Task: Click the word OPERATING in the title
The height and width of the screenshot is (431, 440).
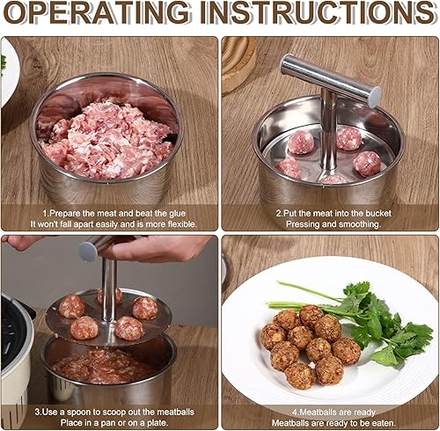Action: [x=97, y=12]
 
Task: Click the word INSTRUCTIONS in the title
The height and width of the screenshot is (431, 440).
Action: [x=318, y=12]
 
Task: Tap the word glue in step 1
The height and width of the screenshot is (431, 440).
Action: [x=177, y=214]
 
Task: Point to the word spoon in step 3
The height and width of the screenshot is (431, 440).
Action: [x=79, y=413]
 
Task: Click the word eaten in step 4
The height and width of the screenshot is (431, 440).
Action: [x=384, y=423]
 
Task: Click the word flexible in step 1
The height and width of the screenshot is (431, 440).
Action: [x=182, y=224]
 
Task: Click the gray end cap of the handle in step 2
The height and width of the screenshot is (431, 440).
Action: [x=375, y=97]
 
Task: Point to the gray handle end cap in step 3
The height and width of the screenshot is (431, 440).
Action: [x=88, y=252]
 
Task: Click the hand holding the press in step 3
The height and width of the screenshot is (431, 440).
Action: [x=157, y=249]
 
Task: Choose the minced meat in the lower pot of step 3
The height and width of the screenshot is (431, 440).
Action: [x=103, y=367]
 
